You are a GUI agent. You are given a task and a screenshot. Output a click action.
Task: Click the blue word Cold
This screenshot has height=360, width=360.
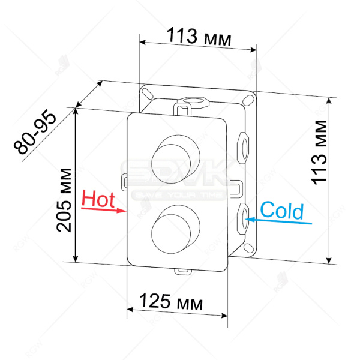(282, 211)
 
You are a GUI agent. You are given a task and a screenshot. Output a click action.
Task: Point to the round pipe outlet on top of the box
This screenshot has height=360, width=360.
(194, 100)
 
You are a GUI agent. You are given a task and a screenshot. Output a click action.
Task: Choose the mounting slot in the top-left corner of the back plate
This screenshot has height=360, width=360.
(146, 92)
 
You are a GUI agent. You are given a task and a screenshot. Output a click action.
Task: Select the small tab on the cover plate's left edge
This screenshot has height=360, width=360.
(124, 180)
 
